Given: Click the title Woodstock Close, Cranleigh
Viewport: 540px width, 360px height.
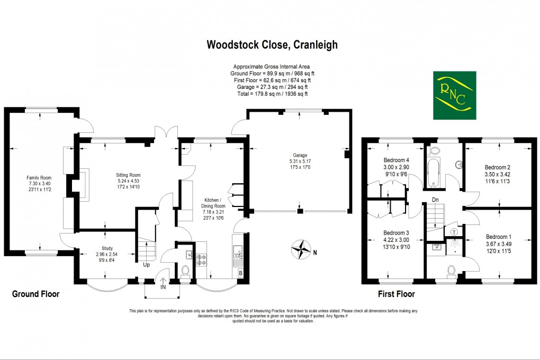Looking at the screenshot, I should pos(272,45).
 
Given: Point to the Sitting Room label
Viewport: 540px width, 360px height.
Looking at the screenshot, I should pos(129,175).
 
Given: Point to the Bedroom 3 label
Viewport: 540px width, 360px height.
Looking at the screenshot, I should pos(395,233).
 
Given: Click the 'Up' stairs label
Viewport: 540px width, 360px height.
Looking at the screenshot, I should pos(145,265).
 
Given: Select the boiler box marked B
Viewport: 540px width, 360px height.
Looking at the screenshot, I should pos(241,274).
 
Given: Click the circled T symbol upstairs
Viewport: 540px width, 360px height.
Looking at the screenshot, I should pos(454,232).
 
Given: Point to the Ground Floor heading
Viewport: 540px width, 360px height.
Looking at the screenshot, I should pos(35,294).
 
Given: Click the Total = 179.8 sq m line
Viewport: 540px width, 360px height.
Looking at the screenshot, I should pos(272,94).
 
